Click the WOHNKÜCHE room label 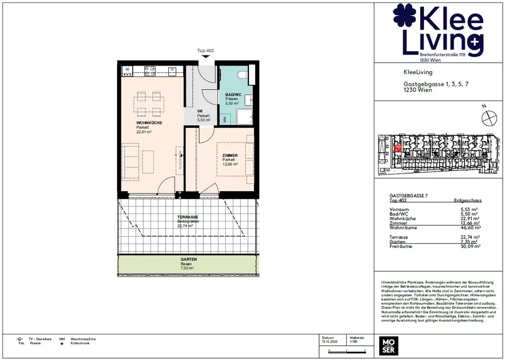coord(149,122)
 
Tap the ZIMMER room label coord(230,155)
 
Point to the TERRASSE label coord(187,217)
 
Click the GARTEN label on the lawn coord(188,259)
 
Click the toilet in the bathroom coord(242,75)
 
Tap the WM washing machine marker coord(225,119)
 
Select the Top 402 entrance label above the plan coord(206,51)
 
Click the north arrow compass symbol coord(489,118)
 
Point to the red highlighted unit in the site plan coord(398,148)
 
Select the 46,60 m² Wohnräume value coord(469,228)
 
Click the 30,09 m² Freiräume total coord(469,246)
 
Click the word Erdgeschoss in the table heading coord(468,201)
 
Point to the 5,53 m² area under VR coord(204,120)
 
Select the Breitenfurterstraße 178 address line coord(442,54)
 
